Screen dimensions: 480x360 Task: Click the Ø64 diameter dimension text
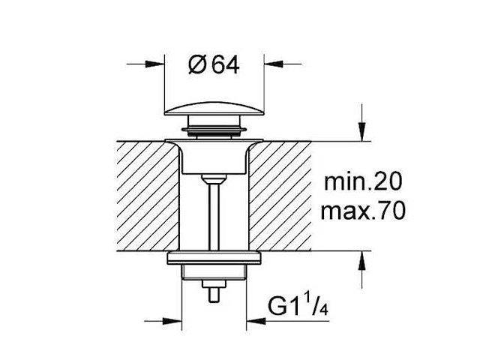(x=214, y=65)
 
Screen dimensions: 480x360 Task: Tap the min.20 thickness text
(x=362, y=182)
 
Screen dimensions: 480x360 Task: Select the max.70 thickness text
(x=363, y=211)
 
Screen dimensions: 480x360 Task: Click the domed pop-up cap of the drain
(x=214, y=109)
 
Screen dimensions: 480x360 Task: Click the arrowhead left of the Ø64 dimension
(x=155, y=64)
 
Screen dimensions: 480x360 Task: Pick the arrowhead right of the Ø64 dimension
(x=273, y=64)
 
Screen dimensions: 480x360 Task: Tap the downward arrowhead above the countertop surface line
(x=362, y=132)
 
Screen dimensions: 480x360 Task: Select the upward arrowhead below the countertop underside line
(x=362, y=260)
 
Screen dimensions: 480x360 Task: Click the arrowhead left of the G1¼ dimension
(x=172, y=321)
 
